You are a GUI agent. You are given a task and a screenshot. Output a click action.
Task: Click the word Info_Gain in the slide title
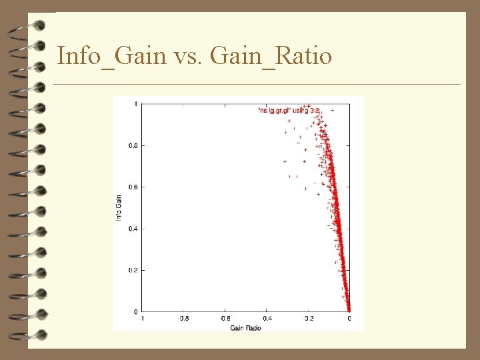click(111, 56)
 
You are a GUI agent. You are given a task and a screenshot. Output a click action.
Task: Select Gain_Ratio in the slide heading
click(271, 56)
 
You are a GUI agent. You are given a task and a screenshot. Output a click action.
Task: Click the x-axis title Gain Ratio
click(245, 328)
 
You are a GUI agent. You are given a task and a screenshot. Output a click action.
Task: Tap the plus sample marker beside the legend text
click(332, 109)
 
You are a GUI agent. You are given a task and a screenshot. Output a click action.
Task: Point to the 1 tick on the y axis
click(136, 104)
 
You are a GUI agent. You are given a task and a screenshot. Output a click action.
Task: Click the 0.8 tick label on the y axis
click(133, 145)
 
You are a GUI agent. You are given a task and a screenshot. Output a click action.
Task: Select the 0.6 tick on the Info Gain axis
click(133, 187)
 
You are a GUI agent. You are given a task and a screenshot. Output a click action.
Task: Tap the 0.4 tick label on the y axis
click(133, 229)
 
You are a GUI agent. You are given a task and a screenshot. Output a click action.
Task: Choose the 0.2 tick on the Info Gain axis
click(133, 270)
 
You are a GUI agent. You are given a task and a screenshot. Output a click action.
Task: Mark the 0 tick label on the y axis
click(136, 311)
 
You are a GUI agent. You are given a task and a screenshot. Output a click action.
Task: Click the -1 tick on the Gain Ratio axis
click(141, 319)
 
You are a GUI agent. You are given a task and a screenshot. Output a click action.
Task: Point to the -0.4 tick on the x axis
click(266, 319)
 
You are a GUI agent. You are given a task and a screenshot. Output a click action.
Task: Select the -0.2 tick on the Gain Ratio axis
click(307, 319)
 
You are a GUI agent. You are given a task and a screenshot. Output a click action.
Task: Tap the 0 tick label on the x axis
click(349, 319)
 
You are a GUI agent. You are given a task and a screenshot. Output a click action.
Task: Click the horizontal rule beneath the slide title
click(257, 85)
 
